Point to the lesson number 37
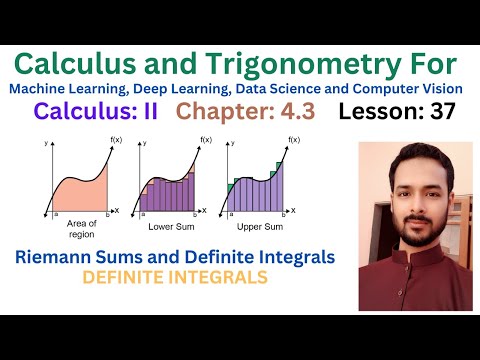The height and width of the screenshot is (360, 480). pyautogui.click(x=439, y=113)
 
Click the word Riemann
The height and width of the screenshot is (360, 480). pyautogui.click(x=60, y=257)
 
